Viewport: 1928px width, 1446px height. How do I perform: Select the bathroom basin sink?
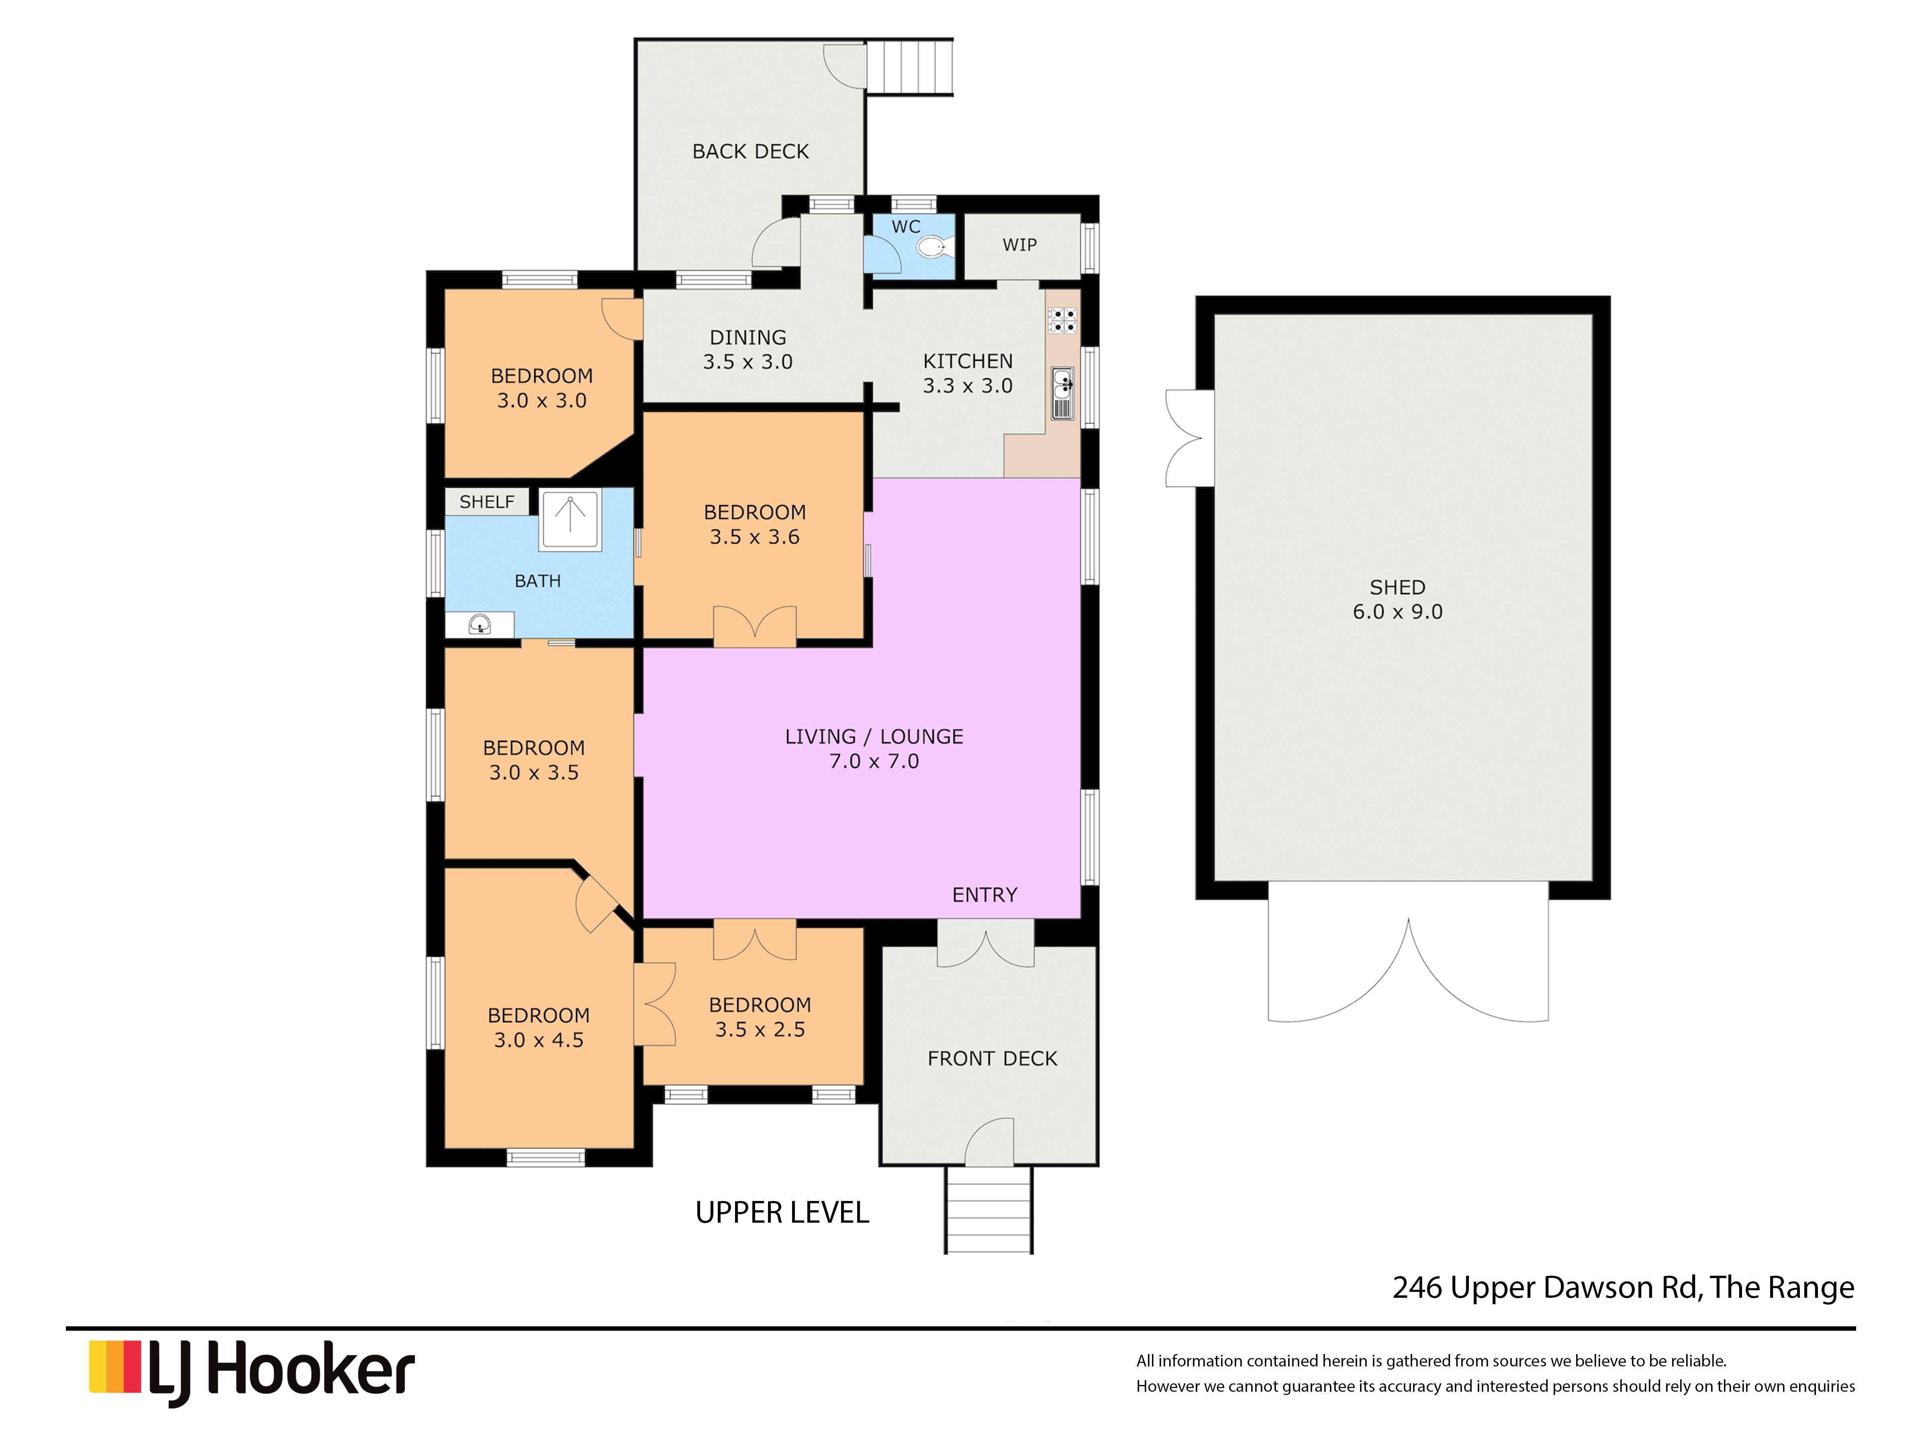point(479,624)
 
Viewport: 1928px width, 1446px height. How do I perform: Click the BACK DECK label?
point(750,152)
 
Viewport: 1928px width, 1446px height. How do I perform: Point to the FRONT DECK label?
point(992,1058)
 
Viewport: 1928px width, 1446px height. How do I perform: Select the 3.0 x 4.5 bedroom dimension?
point(539,1040)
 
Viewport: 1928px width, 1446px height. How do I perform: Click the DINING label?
point(748,337)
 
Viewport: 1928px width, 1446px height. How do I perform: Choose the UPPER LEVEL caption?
point(782,1212)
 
